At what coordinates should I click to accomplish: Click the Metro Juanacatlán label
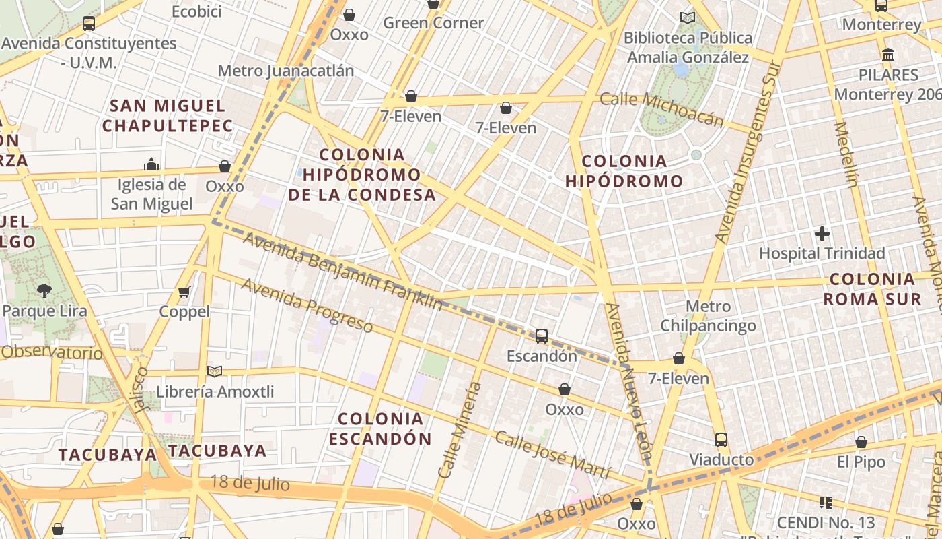click(286, 71)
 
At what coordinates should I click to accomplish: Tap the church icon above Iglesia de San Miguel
click(151, 164)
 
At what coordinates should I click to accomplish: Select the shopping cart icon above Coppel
click(184, 292)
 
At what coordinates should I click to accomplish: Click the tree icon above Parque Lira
click(44, 291)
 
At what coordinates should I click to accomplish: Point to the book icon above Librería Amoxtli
click(215, 371)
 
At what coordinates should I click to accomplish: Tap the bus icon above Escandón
click(542, 336)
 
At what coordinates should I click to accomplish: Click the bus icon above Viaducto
click(721, 440)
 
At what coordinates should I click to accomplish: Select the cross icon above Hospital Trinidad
click(822, 234)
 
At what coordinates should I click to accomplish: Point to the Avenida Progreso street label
click(307, 305)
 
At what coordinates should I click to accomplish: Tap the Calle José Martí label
click(552, 455)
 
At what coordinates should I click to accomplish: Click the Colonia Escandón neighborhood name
click(381, 429)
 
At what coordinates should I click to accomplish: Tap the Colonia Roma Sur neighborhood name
click(873, 289)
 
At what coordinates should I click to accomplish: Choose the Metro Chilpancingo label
click(708, 317)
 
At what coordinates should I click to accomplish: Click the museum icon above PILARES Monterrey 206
click(888, 55)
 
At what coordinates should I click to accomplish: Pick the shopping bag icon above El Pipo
click(861, 443)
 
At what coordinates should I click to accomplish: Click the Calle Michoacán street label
click(661, 109)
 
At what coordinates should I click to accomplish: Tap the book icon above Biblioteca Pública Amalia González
click(688, 18)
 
